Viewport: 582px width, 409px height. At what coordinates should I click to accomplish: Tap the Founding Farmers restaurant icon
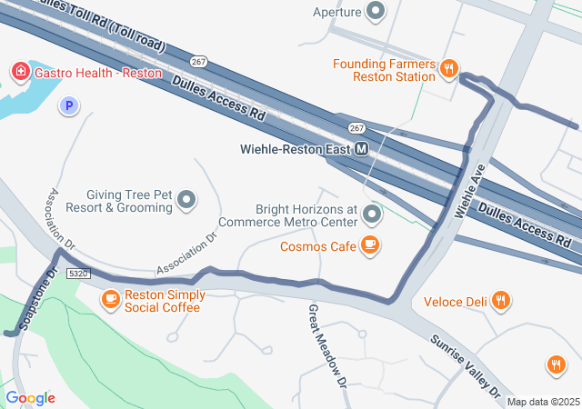coord(448,69)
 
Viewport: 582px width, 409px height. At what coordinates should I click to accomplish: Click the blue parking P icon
coord(67,106)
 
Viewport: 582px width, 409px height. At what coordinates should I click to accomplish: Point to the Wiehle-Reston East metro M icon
coord(362,149)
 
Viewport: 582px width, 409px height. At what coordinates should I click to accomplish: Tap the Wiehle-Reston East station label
coord(296,149)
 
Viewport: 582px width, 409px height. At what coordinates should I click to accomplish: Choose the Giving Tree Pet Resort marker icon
coord(187,199)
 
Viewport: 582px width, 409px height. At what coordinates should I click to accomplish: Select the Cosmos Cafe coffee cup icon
coord(369,245)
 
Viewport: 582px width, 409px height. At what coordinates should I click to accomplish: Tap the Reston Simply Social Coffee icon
coord(111,299)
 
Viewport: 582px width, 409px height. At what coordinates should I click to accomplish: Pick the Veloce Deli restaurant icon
coord(500,301)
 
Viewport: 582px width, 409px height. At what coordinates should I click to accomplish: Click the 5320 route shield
coord(79,273)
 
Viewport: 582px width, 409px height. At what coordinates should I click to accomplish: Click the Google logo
coord(30,397)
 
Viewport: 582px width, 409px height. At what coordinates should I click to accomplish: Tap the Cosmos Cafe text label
coord(318,246)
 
